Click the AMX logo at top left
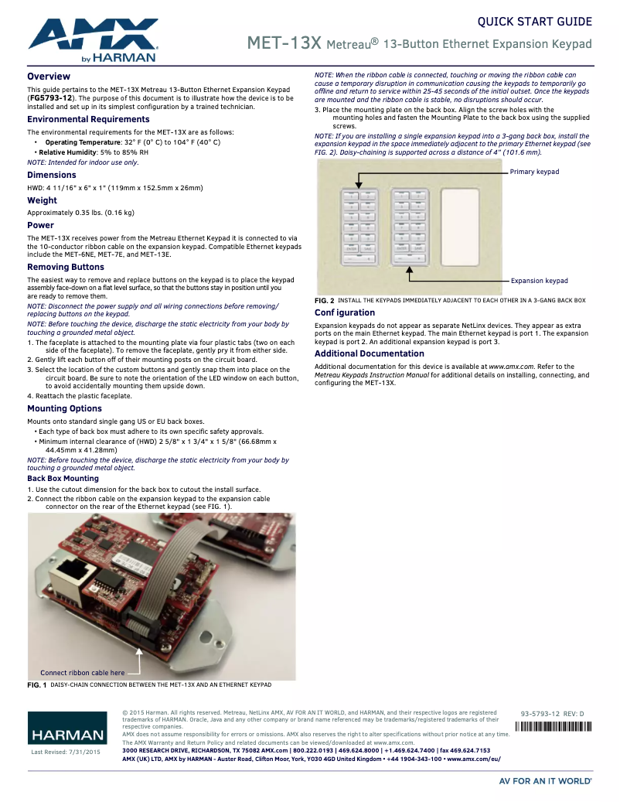coord(93,40)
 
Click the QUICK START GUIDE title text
coord(534,22)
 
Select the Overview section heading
coord(49,77)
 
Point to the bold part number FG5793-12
coord(51,99)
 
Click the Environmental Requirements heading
coord(88,120)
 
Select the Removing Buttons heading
coord(66,267)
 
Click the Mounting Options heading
coord(64,408)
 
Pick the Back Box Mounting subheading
coord(63,479)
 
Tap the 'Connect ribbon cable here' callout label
coord(82,673)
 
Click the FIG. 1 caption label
coord(37,685)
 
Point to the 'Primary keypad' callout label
coord(534,172)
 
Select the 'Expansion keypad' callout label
coord(539,281)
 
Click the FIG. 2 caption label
coord(325,300)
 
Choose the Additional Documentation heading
coord(369,353)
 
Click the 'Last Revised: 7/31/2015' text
coord(66,752)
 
